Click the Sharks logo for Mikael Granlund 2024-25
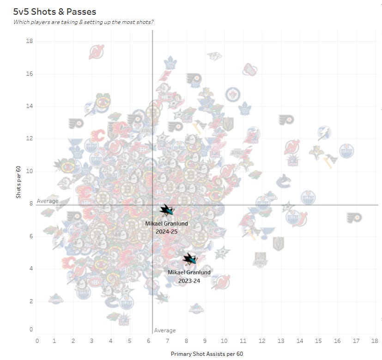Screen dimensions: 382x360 (x=167, y=210)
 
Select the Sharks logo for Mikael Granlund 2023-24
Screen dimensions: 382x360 (x=189, y=259)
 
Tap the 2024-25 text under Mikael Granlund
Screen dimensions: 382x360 (x=167, y=232)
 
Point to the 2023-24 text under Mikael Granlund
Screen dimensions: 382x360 (x=189, y=281)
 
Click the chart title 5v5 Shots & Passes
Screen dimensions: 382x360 (x=55, y=12)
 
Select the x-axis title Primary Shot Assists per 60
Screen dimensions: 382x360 (x=207, y=354)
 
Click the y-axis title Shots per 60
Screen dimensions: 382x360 (x=18, y=182)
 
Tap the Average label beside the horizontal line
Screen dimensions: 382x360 (x=48, y=201)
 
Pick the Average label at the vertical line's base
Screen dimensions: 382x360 (x=165, y=330)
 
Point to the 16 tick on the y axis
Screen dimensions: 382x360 (x=30, y=73)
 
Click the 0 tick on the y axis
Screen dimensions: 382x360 (x=31, y=330)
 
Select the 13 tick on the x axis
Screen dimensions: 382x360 (x=281, y=341)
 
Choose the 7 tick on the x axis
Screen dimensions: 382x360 (x=167, y=341)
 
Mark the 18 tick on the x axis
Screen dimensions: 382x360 (x=375, y=341)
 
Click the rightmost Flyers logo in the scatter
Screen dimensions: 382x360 (x=354, y=217)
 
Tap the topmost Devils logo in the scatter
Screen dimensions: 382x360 (x=97, y=52)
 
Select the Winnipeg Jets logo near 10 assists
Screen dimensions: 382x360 (x=233, y=95)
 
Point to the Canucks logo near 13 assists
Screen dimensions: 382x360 (x=284, y=181)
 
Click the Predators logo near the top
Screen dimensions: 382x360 (x=214, y=56)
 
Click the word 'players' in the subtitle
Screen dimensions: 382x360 (x=41, y=22)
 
